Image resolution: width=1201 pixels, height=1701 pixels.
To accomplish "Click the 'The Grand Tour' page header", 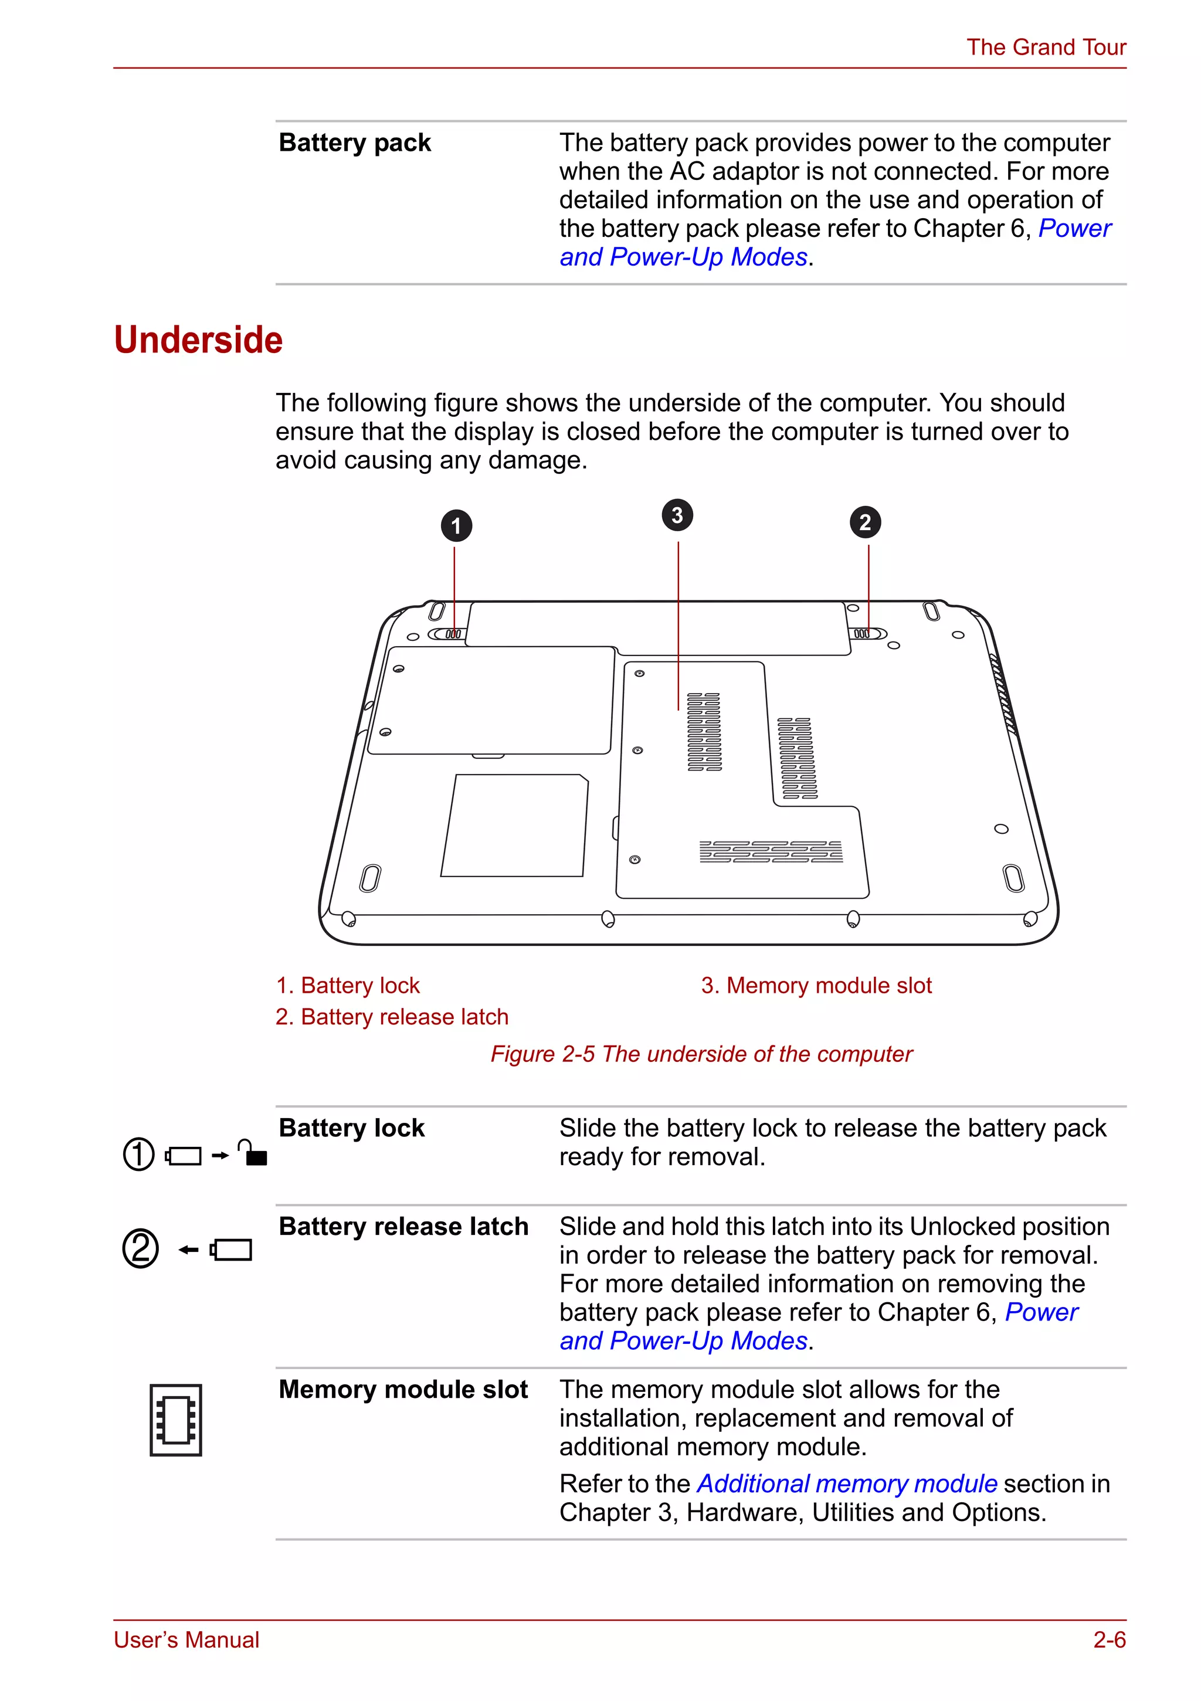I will (1046, 47).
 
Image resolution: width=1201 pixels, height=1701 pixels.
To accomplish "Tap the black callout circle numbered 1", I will (456, 526).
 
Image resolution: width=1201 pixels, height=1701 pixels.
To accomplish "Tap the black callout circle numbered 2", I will (864, 522).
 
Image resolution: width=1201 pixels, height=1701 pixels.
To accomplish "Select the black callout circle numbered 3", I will (677, 515).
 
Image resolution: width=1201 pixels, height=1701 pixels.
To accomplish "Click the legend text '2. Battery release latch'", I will (392, 1017).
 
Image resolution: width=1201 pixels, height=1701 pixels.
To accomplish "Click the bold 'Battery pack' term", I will (355, 142).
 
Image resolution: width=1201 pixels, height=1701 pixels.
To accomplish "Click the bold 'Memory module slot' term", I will (403, 1389).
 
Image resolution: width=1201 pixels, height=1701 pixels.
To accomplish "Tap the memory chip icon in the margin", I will (175, 1420).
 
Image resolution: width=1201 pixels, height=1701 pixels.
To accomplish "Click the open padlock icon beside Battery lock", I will (253, 1153).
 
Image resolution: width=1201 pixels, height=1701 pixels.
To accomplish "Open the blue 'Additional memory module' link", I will (847, 1483).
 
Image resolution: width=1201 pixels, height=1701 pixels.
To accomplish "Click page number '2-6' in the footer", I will (1109, 1639).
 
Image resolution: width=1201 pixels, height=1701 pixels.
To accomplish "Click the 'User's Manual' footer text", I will (186, 1639).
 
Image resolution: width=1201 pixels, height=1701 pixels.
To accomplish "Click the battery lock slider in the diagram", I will (447, 634).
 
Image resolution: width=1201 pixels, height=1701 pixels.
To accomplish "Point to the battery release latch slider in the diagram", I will (866, 634).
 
